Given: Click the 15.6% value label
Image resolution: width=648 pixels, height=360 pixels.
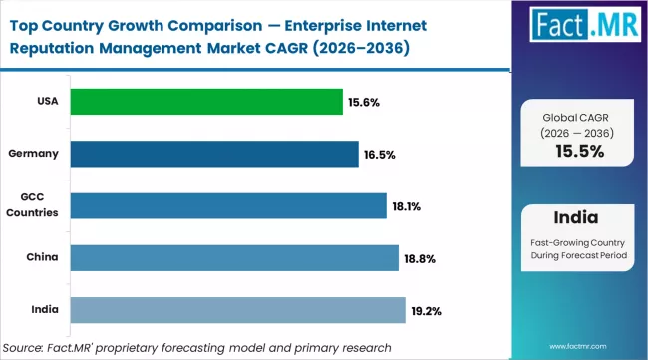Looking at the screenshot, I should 365,102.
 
